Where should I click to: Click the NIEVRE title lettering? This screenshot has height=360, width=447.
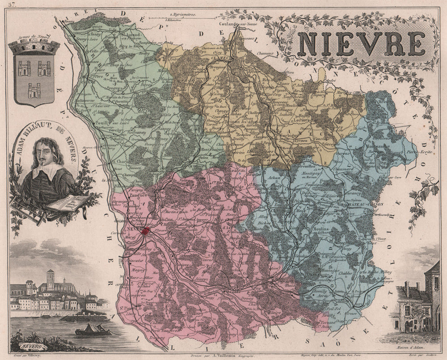pyautogui.click(x=361, y=44)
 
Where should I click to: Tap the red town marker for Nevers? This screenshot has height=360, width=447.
pyautogui.click(x=145, y=231)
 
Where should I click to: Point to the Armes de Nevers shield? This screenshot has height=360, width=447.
pyautogui.click(x=34, y=74)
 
